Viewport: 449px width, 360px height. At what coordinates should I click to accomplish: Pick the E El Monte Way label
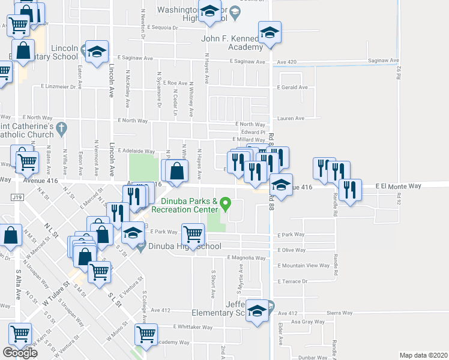[398, 187]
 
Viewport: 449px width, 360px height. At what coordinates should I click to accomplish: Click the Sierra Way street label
[340, 313]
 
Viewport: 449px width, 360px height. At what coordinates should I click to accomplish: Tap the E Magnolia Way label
[246, 258]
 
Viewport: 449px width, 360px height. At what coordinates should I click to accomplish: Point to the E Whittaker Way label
[193, 327]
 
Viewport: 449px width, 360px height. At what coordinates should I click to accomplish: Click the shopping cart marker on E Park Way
[193, 234]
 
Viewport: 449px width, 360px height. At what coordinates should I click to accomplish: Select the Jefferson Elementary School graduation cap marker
[257, 310]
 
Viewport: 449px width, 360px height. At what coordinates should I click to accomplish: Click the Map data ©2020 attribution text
[424, 355]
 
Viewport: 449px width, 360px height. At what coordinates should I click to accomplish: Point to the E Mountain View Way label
[304, 265]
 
